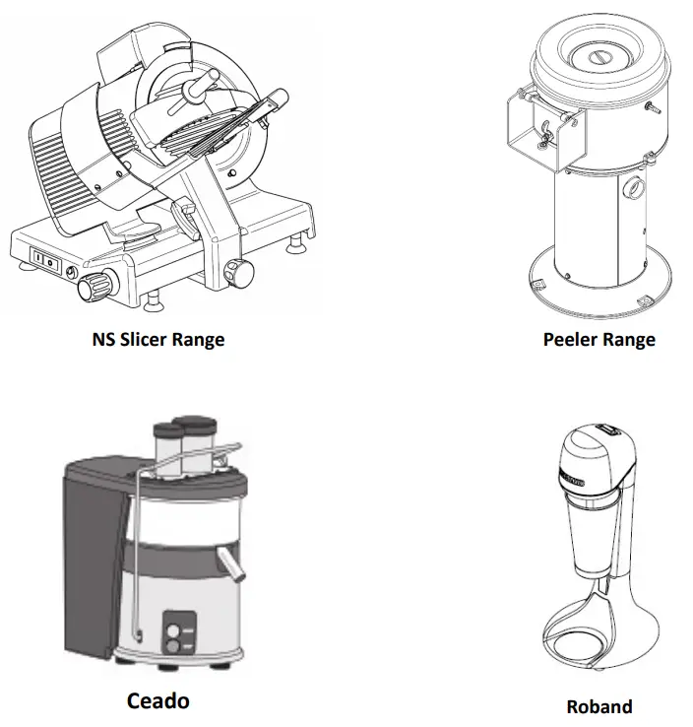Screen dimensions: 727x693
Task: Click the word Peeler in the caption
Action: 572,340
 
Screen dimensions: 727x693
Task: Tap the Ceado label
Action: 157,701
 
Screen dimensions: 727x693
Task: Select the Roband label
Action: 598,706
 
